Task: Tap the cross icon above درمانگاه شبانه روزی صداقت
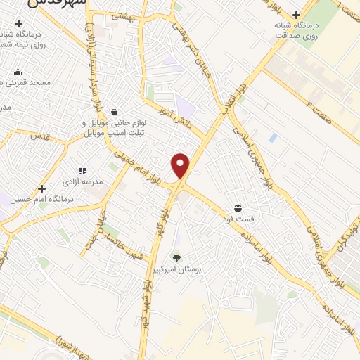(x=296, y=15)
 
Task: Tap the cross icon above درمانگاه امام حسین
(x=42, y=188)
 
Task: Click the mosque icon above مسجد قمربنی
(x=18, y=72)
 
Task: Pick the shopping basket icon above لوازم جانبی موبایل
(x=114, y=112)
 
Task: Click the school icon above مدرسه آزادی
(x=82, y=171)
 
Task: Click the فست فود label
(x=238, y=219)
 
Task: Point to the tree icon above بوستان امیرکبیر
(x=176, y=257)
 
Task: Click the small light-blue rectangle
(x=273, y=138)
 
